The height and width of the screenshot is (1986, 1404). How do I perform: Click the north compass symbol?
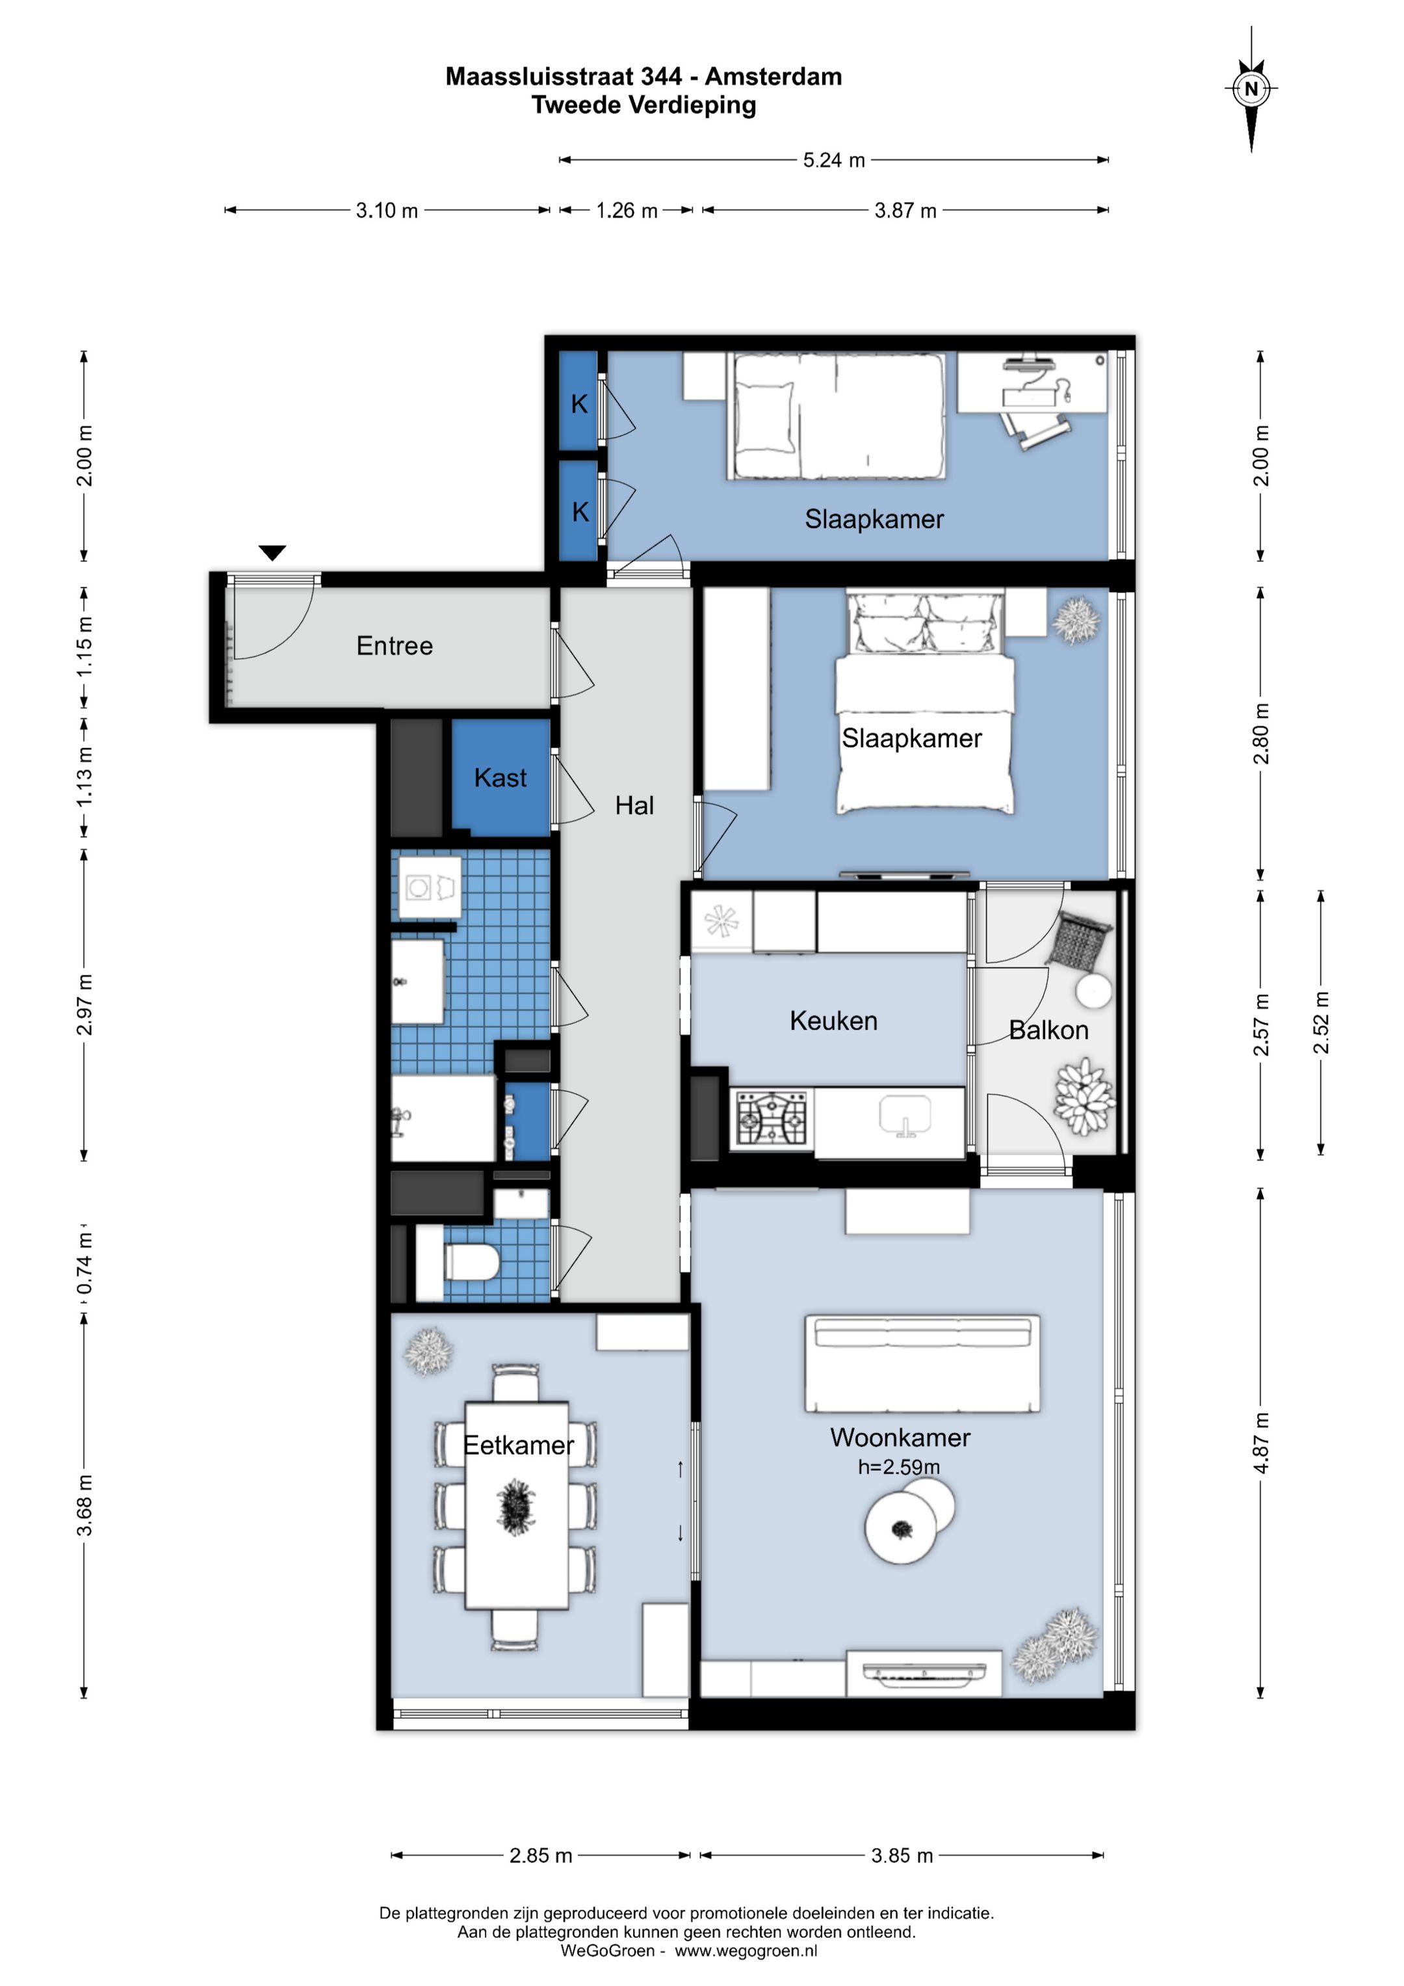pyautogui.click(x=1251, y=88)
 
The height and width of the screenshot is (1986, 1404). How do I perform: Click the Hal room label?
pyautogui.click(x=634, y=805)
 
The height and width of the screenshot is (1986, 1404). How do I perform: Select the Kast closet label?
pyautogui.click(x=500, y=777)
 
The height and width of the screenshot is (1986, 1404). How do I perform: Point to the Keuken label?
pyautogui.click(x=833, y=1021)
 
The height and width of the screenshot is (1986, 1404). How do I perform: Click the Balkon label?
pyautogui.click(x=1048, y=1030)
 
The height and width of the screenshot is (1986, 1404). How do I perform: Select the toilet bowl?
pyautogui.click(x=471, y=1262)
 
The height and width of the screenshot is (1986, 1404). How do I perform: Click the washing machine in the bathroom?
pyautogui.click(x=430, y=887)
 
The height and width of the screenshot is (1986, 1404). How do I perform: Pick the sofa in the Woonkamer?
pyautogui.click(x=922, y=1364)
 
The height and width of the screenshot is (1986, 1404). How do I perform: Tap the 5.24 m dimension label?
pyautogui.click(x=833, y=160)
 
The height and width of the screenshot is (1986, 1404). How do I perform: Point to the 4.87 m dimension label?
pyautogui.click(x=1262, y=1443)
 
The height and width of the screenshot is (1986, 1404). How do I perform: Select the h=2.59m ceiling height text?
pyautogui.click(x=899, y=1467)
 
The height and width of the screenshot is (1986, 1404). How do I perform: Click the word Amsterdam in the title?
pyautogui.click(x=773, y=77)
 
